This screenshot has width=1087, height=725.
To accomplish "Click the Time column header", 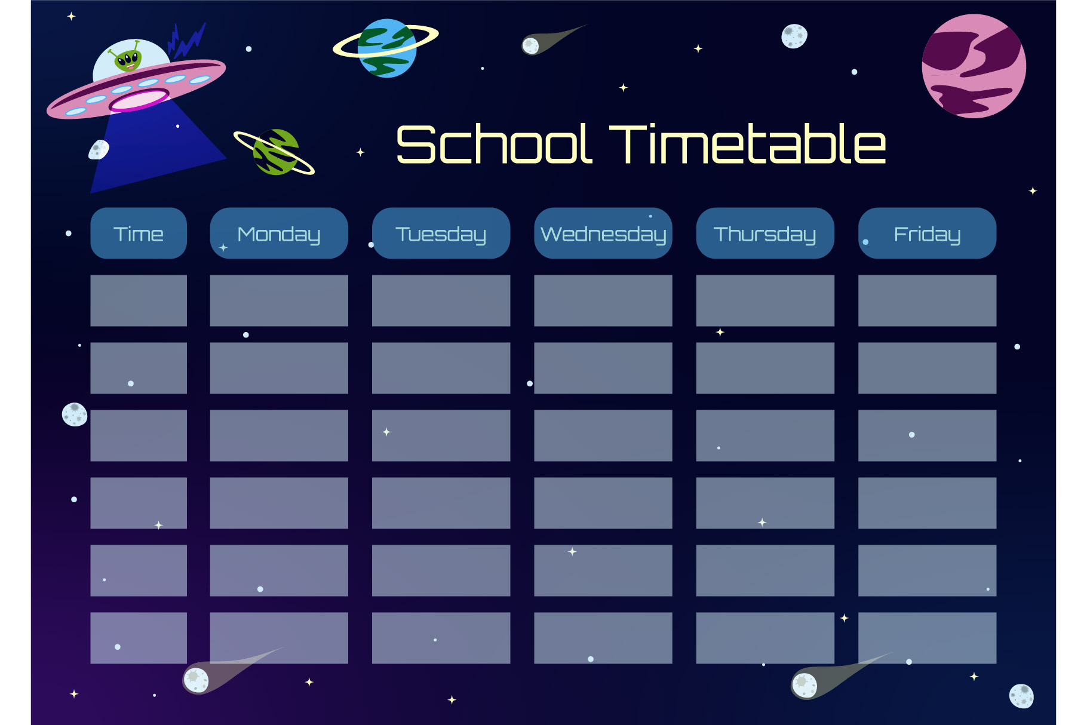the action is pos(139,233).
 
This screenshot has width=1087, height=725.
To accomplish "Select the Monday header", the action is pos(279,233).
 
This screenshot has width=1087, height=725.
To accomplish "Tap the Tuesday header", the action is pos(441,233).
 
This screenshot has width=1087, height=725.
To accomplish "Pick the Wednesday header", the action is pos(603,233).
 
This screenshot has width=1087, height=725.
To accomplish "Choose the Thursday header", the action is pos(765,233).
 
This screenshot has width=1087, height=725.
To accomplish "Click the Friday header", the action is pos(927,233).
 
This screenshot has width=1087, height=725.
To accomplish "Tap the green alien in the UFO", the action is pos(128,59).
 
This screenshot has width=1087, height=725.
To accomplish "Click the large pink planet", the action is pos(974,66).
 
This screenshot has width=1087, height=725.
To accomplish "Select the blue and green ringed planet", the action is pos(387,48).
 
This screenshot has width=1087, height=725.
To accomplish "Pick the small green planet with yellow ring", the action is pos(275,152).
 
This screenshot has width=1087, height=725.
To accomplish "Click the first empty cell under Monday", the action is pos(279,300).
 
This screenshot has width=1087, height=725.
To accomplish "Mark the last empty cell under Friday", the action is pos(927,638).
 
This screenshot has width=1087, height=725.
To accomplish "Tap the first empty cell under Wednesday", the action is pos(603,300).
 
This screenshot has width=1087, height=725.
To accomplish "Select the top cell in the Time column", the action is pos(139,300).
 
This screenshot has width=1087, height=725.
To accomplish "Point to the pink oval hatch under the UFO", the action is pos(139,100).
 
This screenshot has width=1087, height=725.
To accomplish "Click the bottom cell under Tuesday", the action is pos(441,638).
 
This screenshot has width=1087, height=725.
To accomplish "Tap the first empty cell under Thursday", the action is pos(765,300).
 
